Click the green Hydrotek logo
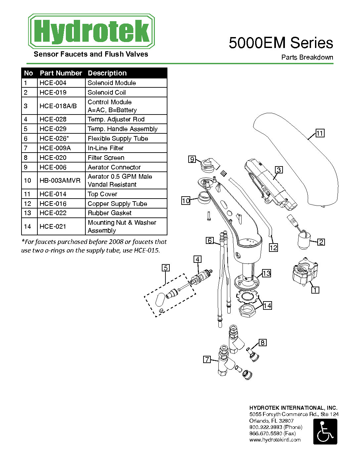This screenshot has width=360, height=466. point(91,31)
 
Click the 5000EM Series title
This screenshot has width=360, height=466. point(281,43)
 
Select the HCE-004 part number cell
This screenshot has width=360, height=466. point(61,83)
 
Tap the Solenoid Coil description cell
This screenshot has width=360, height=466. point(126,92)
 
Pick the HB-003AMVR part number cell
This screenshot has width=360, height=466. point(61,180)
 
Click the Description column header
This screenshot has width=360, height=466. point(107,73)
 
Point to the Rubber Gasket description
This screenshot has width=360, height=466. point(110,213)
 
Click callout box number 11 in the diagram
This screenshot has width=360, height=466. point(320,133)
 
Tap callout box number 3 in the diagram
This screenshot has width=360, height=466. point(279,170)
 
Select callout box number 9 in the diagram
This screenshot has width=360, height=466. point(192,159)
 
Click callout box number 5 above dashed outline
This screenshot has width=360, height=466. point(165,268)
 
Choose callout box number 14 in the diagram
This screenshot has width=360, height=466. point(267,305)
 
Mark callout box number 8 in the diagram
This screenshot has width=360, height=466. point(263,343)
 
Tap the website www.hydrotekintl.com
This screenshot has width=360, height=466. point(275,440)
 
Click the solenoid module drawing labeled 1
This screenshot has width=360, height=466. point(305,271)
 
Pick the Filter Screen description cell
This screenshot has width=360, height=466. point(126,158)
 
